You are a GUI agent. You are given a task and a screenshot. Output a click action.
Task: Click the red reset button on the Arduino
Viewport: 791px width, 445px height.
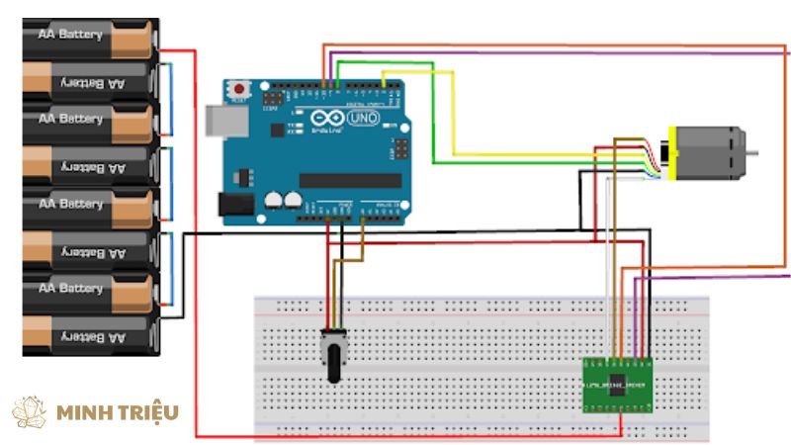click(x=238, y=90)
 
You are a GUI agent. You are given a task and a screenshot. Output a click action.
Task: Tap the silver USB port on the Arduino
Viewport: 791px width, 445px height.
click(x=220, y=118)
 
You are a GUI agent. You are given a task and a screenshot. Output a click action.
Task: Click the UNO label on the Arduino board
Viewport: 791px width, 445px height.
click(x=365, y=118)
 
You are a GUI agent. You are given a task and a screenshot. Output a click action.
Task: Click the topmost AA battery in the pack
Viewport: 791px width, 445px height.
click(x=89, y=36)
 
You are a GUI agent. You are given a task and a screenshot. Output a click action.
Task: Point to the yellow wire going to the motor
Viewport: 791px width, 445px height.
click(x=455, y=109)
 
